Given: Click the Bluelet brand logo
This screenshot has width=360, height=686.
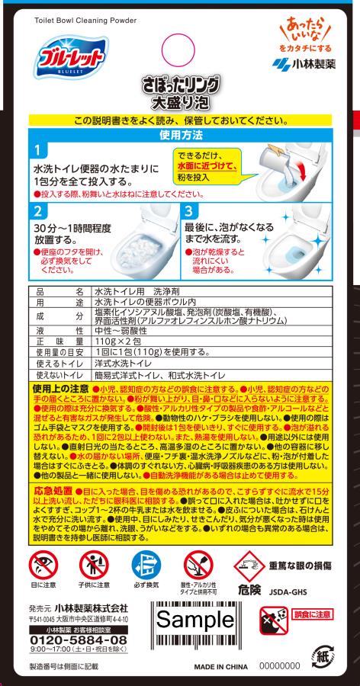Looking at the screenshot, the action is [x=70, y=58].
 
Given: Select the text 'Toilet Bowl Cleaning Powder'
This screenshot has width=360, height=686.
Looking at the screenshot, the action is [x=85, y=21].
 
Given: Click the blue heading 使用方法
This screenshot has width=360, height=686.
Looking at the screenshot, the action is [x=181, y=135].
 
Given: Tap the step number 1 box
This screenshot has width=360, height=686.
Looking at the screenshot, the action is [x=40, y=151].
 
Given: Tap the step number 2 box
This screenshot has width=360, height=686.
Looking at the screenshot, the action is [x=40, y=212].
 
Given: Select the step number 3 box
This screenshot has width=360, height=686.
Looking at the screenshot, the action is [x=188, y=212].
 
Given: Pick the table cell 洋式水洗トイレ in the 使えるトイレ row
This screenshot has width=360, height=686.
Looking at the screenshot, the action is [x=124, y=364].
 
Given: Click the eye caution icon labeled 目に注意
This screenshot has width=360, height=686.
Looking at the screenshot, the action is [x=43, y=564].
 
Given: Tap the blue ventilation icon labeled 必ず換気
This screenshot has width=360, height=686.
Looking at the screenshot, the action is [x=146, y=564].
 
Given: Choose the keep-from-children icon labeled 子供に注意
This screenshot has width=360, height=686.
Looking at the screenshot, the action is [x=94, y=564].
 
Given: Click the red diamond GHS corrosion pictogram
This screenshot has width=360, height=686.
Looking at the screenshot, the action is [x=249, y=566].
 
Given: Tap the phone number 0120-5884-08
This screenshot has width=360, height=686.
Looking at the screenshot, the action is [x=79, y=640].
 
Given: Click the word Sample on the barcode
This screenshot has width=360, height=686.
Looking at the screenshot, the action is [x=196, y=620].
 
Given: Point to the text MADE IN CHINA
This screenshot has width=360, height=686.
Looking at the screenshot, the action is [x=221, y=667].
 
